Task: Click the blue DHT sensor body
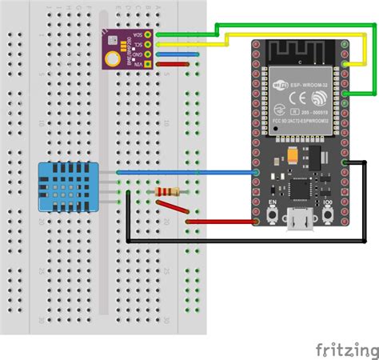click(x=68, y=186)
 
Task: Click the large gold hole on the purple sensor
click(x=117, y=58)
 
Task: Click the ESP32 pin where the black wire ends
click(x=344, y=162)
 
